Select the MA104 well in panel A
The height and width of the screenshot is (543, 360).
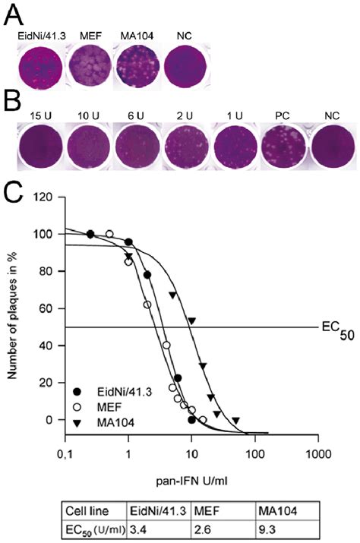point(140,62)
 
